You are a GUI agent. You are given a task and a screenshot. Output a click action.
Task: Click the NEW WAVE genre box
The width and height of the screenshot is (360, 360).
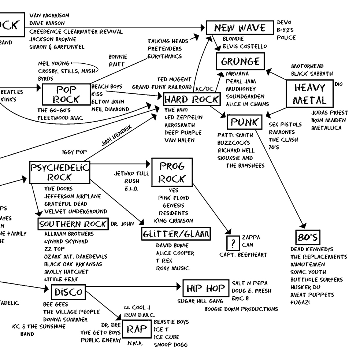click(240, 27)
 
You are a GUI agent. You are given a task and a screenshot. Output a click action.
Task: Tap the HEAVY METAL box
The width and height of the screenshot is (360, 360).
click(309, 94)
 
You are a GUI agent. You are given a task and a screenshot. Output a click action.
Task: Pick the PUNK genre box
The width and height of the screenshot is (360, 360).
click(245, 122)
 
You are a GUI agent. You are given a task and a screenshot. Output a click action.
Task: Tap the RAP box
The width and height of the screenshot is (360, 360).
click(136, 329)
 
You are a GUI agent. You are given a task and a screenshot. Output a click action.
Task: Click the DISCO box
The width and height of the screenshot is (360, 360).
click(68, 292)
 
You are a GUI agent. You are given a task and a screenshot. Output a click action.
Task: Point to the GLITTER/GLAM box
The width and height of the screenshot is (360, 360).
click(176, 234)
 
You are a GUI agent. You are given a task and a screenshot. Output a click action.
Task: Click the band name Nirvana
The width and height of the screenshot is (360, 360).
click(237, 74)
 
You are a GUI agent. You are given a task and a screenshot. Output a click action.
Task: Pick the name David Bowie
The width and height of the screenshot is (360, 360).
click(172, 245)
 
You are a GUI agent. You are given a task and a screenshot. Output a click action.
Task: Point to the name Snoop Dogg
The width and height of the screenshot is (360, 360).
click(171, 345)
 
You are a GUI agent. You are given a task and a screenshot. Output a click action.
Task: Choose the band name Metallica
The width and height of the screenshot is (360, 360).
click(326, 128)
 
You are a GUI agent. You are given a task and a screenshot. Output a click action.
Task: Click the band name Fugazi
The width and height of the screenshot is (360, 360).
click(300, 303)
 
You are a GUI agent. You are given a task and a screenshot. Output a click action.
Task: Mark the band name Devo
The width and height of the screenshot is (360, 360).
click(284, 22)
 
